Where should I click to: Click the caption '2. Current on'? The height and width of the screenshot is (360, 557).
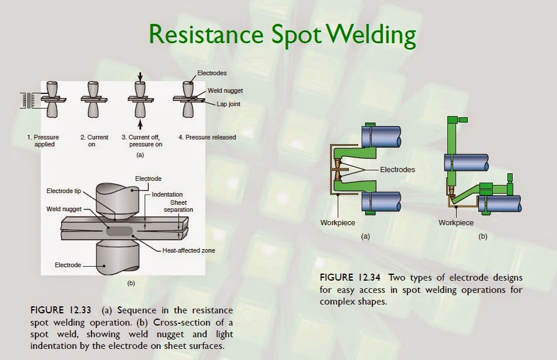click(94, 141)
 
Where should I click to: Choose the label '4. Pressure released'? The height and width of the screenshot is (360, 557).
click(207, 138)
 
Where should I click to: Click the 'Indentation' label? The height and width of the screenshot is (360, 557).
click(167, 194)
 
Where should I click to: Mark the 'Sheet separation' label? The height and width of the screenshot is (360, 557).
click(178, 205)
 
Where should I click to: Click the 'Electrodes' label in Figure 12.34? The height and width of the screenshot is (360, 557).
click(397, 170)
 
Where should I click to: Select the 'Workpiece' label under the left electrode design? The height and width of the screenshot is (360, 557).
click(337, 223)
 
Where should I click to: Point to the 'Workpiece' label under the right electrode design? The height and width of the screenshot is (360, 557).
click(456, 223)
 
